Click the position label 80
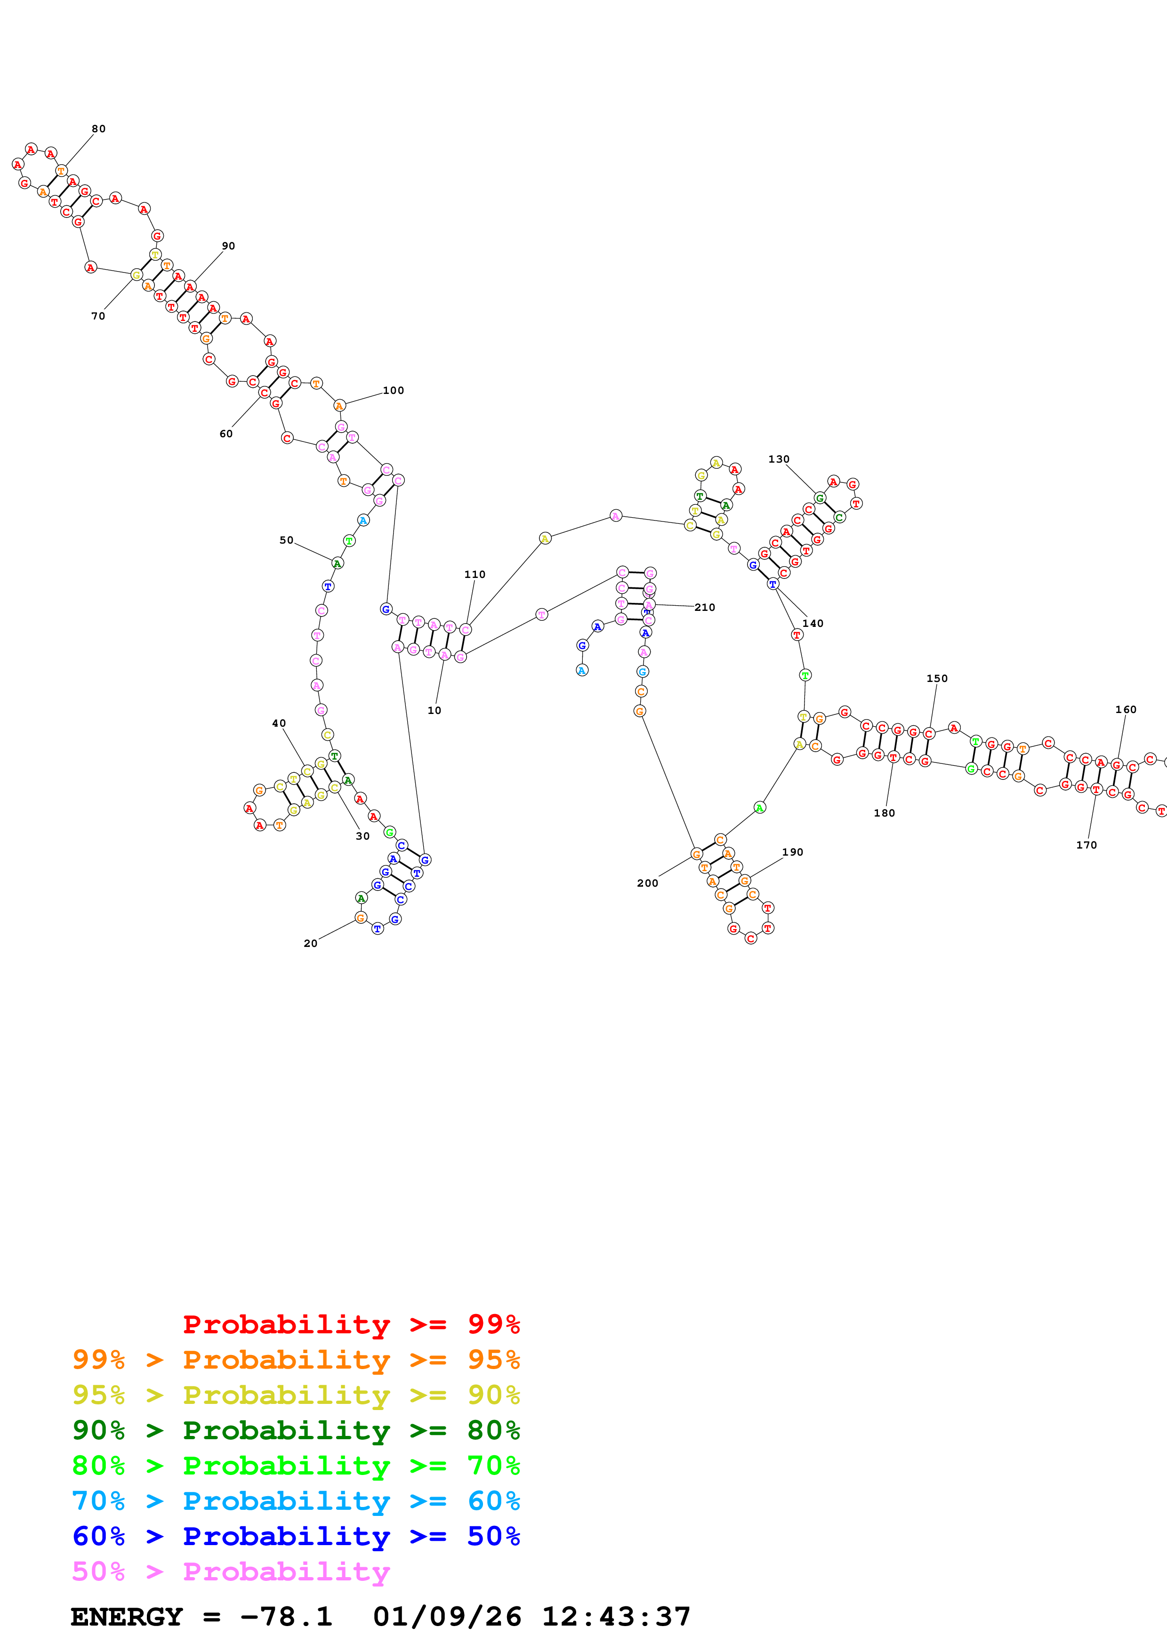(98, 128)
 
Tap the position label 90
(228, 246)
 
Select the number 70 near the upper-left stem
(98, 316)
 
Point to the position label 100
(393, 391)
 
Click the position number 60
(226, 433)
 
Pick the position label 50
(286, 540)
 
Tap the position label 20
(311, 944)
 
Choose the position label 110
(475, 575)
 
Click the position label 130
(779, 459)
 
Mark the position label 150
(937, 678)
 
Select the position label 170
(1087, 845)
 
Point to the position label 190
(792, 852)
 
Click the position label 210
(705, 608)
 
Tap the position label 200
(647, 883)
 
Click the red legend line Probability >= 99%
(351, 1324)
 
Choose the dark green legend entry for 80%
(296, 1430)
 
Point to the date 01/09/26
(447, 1617)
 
